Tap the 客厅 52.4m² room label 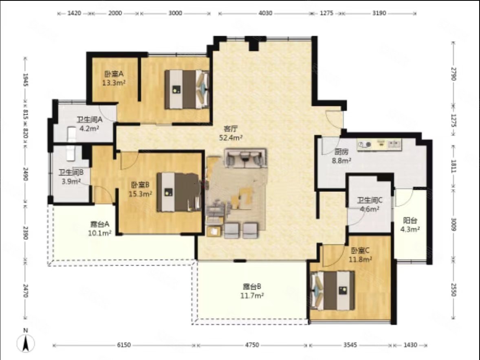point(231,133)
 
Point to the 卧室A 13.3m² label point(114,78)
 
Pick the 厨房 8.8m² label point(341,156)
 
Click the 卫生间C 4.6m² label point(370,204)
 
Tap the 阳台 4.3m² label point(410,225)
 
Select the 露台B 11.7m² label point(252,291)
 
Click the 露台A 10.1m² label point(100,228)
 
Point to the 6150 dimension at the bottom point(124,345)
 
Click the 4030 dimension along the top point(265,13)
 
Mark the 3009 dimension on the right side point(454,224)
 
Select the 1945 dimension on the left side point(26,79)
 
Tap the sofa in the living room point(246,158)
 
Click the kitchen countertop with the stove point(379,145)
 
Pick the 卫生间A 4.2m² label point(89,124)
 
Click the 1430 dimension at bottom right point(410,345)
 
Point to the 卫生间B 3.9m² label point(71,177)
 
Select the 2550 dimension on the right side point(454,290)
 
